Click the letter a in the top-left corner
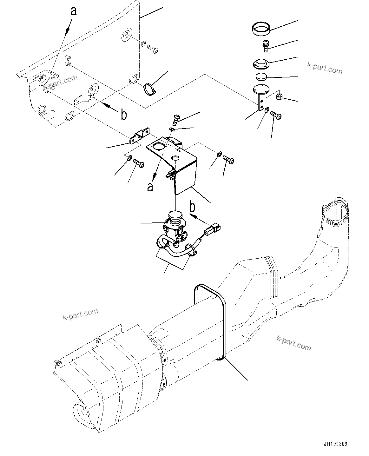click(73, 12)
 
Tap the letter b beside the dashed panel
click(123, 115)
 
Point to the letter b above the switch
click(192, 207)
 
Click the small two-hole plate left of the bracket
click(139, 136)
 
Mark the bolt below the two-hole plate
click(139, 163)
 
